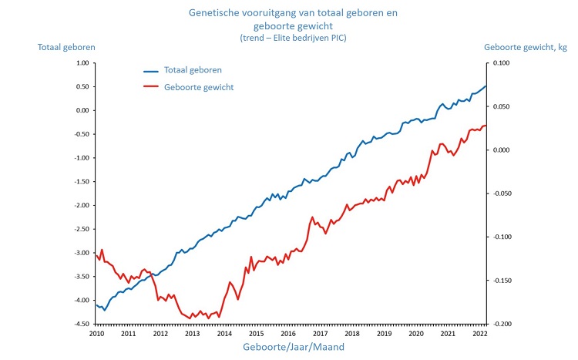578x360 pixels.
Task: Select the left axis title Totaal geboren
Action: point(66,48)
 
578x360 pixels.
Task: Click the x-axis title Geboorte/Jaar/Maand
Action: point(288,347)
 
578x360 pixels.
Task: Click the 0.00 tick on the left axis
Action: point(82,110)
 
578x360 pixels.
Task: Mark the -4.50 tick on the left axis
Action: point(81,324)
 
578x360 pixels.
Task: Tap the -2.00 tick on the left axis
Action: point(81,205)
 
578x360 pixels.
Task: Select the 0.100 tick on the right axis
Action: point(501,62)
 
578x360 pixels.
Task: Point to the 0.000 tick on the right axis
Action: point(501,150)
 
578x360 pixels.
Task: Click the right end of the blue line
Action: point(486,86)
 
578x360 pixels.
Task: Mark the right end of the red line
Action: point(486,126)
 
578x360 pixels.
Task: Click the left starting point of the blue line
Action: point(96,305)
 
